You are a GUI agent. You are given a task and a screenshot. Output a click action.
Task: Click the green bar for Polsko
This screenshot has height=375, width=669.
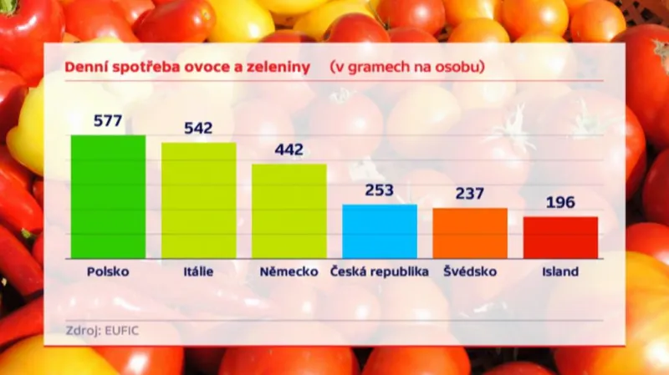pyautogui.click(x=108, y=196)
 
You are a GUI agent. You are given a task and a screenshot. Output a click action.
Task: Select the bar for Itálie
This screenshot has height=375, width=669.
pyautogui.click(x=198, y=200)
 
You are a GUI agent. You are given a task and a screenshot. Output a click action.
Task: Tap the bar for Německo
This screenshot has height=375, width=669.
pyautogui.click(x=289, y=210)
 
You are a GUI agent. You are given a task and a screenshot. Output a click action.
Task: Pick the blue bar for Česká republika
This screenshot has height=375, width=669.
pyautogui.click(x=379, y=231)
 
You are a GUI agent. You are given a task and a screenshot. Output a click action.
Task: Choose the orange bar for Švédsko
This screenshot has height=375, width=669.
pyautogui.click(x=469, y=233)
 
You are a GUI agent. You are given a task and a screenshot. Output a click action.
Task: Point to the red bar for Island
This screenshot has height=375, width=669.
pyautogui.click(x=560, y=237)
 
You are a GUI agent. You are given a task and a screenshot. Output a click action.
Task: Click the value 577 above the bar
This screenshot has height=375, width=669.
pyautogui.click(x=108, y=121)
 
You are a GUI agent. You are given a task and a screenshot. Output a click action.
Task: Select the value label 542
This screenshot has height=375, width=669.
pyautogui.click(x=198, y=129)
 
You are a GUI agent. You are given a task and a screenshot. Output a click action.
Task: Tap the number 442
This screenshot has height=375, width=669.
pyautogui.click(x=289, y=150)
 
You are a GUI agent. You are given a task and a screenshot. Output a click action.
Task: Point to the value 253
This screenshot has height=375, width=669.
pyautogui.click(x=379, y=190)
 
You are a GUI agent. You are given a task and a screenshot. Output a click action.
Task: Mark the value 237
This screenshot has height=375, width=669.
pyautogui.click(x=469, y=194)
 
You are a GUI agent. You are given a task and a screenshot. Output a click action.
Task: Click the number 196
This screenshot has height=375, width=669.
pyautogui.click(x=560, y=203)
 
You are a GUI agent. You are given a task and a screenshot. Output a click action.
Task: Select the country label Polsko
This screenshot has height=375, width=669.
pyautogui.click(x=108, y=271)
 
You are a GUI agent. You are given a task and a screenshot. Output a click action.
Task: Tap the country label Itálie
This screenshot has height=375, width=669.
pyautogui.click(x=198, y=271)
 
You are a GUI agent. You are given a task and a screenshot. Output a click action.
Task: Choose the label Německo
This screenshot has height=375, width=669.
pyautogui.click(x=289, y=271)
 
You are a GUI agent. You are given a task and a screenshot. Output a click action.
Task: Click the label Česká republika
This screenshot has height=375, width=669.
pyautogui.click(x=379, y=271)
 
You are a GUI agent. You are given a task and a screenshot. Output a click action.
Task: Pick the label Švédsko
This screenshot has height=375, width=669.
pyautogui.click(x=469, y=271)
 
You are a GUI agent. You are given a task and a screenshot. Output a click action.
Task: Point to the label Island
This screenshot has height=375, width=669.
pyautogui.click(x=560, y=271)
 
